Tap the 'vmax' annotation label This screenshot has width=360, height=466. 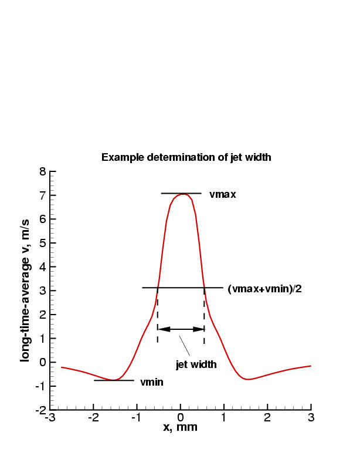point(222,194)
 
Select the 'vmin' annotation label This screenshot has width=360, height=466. point(151,382)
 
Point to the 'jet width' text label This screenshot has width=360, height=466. point(196,364)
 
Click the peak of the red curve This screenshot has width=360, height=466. point(182,194)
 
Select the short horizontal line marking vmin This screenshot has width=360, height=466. point(114,380)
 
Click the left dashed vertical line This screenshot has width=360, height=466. point(157,317)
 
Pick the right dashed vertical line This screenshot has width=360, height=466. point(204,317)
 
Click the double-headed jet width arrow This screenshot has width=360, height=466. point(181,329)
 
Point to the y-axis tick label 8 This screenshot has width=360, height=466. point(42,172)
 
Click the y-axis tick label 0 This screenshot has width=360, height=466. point(42,362)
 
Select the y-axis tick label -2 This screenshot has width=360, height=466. point(40,410)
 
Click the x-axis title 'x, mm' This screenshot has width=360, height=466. point(180,427)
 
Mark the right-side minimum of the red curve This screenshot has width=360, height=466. point(249,379)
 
